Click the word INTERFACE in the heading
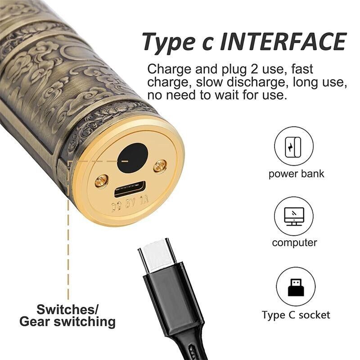click(x=283, y=41)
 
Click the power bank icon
click(x=293, y=147)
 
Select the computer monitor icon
click(x=294, y=216)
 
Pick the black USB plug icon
click(x=296, y=287)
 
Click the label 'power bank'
click(x=296, y=174)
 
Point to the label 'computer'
click(x=294, y=243)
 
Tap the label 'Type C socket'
click(x=296, y=315)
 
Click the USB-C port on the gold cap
click(x=130, y=189)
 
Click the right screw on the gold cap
click(x=160, y=166)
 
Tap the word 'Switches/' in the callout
click(x=67, y=310)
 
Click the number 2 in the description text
click(x=254, y=69)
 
